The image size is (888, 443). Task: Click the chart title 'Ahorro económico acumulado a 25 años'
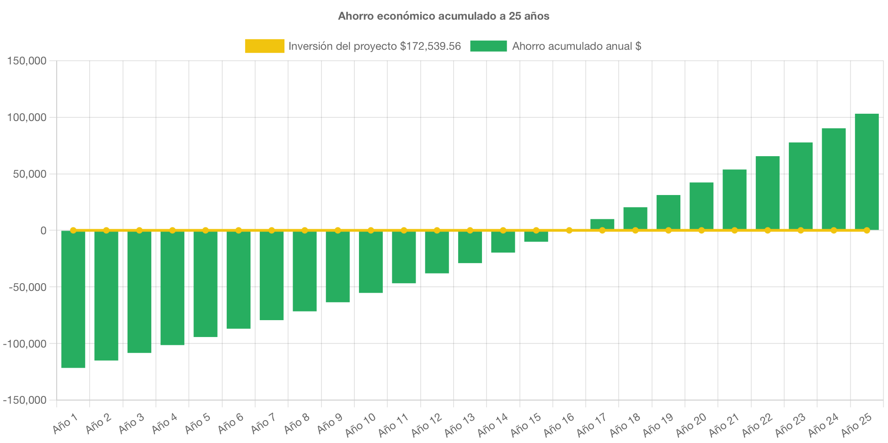click(x=444, y=16)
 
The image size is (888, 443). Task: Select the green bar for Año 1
click(x=73, y=299)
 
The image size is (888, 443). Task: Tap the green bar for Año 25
click(x=867, y=171)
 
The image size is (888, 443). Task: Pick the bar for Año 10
click(x=371, y=262)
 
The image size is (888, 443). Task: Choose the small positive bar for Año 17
click(x=602, y=224)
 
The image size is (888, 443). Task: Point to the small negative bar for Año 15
click(x=536, y=237)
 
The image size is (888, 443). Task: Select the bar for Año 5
click(x=205, y=284)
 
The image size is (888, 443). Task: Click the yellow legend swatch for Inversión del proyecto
click(x=264, y=46)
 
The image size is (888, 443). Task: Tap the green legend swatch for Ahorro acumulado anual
click(x=488, y=46)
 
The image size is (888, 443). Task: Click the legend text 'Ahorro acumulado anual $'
click(x=576, y=46)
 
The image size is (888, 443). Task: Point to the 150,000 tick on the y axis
click(x=27, y=61)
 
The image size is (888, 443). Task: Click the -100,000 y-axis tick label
click(x=25, y=344)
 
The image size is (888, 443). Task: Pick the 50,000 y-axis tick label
click(x=29, y=174)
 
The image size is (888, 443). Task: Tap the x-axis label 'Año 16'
click(x=559, y=424)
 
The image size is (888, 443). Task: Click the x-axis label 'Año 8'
click(x=297, y=424)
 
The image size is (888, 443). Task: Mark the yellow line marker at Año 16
click(x=569, y=231)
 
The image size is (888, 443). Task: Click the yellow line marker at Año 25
click(x=867, y=231)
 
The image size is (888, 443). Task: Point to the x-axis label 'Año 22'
click(x=757, y=424)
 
